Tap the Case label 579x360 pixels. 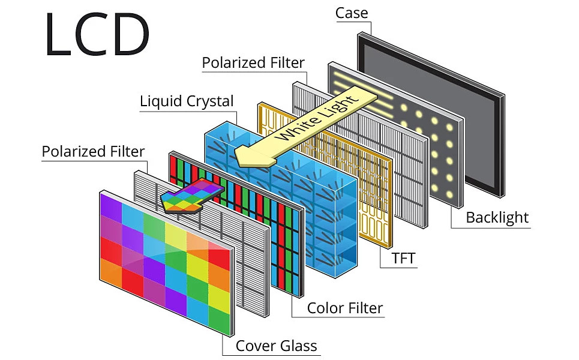[x=352, y=13]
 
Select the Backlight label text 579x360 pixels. [x=497, y=217]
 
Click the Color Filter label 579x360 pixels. [x=345, y=308]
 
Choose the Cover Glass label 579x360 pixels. [x=276, y=346]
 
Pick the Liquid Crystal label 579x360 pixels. [x=187, y=101]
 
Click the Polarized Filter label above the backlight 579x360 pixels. [x=253, y=62]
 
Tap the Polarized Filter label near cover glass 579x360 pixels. [x=93, y=152]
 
